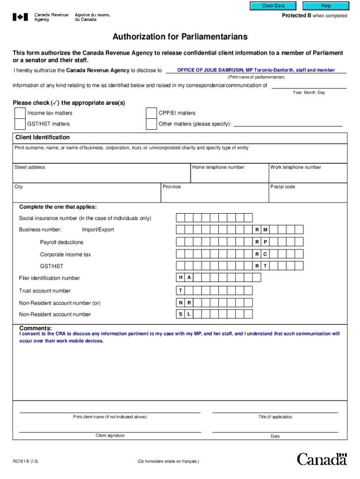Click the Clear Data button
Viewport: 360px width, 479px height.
point(273,6)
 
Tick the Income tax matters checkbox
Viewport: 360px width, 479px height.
point(20,113)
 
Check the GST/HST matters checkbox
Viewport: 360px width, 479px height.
point(20,124)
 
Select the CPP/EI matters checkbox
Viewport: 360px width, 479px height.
point(151,113)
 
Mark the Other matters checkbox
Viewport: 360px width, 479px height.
point(151,124)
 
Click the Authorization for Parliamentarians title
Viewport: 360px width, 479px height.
point(180,37)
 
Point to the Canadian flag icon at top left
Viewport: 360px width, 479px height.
point(20,17)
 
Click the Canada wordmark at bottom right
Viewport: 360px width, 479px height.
point(322,459)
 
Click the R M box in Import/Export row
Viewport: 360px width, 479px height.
point(261,230)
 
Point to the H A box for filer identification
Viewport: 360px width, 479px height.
point(185,278)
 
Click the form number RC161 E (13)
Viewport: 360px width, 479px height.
point(26,461)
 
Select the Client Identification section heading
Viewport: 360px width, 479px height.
point(43,138)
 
